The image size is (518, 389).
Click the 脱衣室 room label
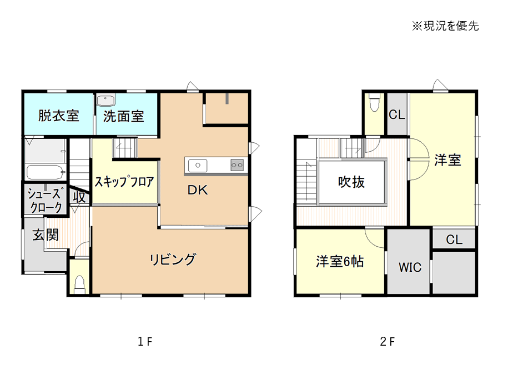point(58,116)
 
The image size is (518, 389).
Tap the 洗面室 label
point(124,117)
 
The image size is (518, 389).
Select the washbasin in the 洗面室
point(105,100)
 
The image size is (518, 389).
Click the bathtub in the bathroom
point(45,172)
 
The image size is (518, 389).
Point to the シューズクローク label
point(46,201)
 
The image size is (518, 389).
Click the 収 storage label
point(79,197)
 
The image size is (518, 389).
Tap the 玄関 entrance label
point(46,235)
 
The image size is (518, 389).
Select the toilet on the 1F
point(79,285)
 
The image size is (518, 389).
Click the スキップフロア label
point(124,182)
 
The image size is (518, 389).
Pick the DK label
point(198,190)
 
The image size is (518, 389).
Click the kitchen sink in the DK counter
point(198,166)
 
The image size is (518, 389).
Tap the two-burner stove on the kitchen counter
point(237,164)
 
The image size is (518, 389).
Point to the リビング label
point(173,260)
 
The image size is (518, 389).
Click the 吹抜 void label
point(351,182)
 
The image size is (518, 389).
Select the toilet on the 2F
point(374,102)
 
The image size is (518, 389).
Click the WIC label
point(410,267)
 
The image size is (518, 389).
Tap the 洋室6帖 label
point(340,261)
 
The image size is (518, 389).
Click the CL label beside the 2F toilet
point(397,115)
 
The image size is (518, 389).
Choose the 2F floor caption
point(387,341)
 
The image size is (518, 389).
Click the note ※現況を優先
point(445,26)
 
